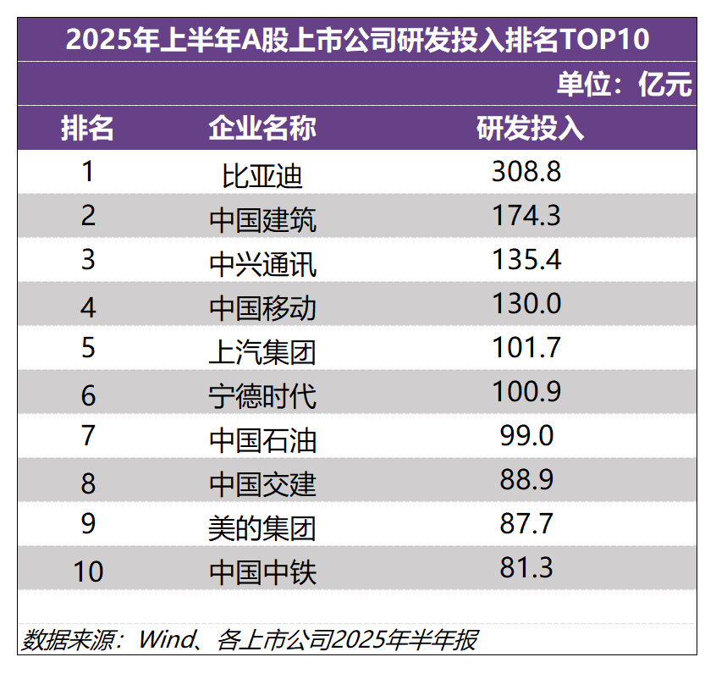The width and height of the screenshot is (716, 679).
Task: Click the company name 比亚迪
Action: click(262, 175)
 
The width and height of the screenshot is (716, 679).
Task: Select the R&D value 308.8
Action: click(526, 172)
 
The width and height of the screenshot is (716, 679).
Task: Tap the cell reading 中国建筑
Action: click(262, 219)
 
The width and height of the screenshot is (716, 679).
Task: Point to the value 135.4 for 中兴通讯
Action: click(526, 259)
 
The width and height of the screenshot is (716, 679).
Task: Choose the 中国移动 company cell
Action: click(262, 307)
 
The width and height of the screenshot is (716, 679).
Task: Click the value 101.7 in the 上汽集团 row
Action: click(526, 347)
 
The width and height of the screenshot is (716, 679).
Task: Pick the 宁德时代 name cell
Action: click(262, 395)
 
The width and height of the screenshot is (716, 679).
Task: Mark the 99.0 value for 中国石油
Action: click(526, 435)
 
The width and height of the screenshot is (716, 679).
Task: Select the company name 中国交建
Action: click(262, 483)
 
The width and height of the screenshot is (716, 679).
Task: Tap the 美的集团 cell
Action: click(262, 527)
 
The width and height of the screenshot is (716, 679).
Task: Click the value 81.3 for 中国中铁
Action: click(526, 567)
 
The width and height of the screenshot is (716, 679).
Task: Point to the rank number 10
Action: click(88, 571)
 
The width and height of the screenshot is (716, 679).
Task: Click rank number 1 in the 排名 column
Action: click(88, 172)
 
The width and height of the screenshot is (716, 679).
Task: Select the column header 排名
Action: click(88, 128)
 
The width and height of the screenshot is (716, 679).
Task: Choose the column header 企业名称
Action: click(262, 128)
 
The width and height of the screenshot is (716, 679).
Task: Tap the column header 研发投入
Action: click(530, 128)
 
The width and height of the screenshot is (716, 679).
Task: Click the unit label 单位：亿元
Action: click(624, 84)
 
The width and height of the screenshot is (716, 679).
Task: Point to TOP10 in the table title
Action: click(607, 40)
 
